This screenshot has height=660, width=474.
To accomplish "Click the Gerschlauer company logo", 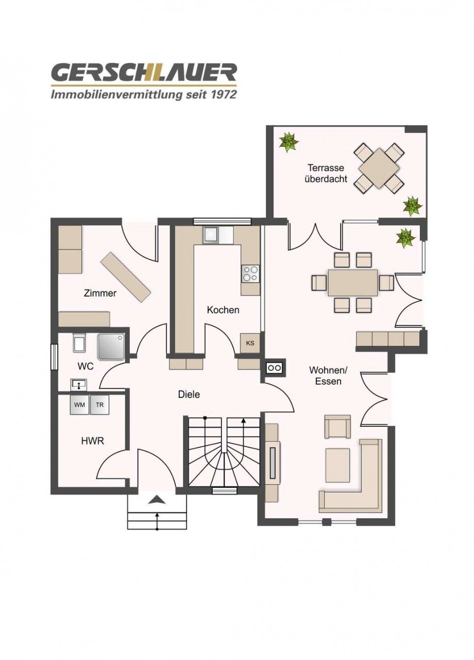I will click(x=144, y=80).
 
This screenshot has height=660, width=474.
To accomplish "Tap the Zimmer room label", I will click(x=100, y=293).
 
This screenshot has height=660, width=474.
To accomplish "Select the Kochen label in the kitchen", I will click(x=223, y=310).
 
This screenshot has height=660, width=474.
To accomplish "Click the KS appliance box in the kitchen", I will click(x=250, y=343).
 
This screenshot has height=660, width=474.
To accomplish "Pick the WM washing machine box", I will click(x=79, y=405).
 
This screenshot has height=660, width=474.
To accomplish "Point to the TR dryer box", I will click(x=99, y=405).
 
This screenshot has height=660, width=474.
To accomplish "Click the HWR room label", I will click(x=93, y=441).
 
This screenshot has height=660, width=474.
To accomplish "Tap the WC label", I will click(x=86, y=367).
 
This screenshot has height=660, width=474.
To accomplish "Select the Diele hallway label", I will click(x=189, y=394).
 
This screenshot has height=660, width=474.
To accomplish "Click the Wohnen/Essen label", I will click(x=325, y=376).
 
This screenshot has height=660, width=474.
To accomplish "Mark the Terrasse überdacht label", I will click(x=326, y=173).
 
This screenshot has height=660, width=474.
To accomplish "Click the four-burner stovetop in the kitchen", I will click(x=250, y=273).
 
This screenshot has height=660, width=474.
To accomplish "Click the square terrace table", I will click(x=379, y=168).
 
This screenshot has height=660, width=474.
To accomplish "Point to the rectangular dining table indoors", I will click(x=352, y=283).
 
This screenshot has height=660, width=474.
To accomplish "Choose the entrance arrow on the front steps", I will click(x=157, y=499).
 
